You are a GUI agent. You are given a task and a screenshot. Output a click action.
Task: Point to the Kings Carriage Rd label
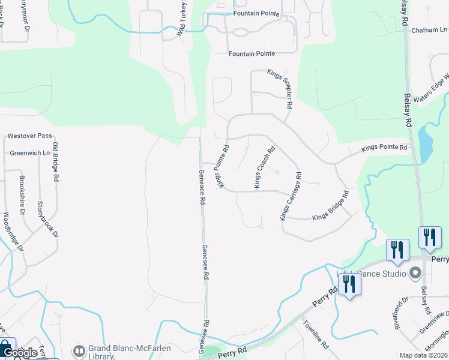(x=291, y=196)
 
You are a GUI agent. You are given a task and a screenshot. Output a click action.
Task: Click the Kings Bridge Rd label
(x=330, y=206)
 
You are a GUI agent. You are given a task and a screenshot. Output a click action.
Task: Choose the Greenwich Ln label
(x=29, y=153)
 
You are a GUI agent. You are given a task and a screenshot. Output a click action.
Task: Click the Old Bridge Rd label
(x=55, y=162)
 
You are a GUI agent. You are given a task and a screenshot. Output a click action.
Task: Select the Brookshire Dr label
(x=22, y=195)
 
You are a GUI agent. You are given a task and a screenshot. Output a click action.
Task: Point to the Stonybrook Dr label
(x=48, y=219)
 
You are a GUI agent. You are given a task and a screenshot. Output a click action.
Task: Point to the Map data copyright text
(x=423, y=355)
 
